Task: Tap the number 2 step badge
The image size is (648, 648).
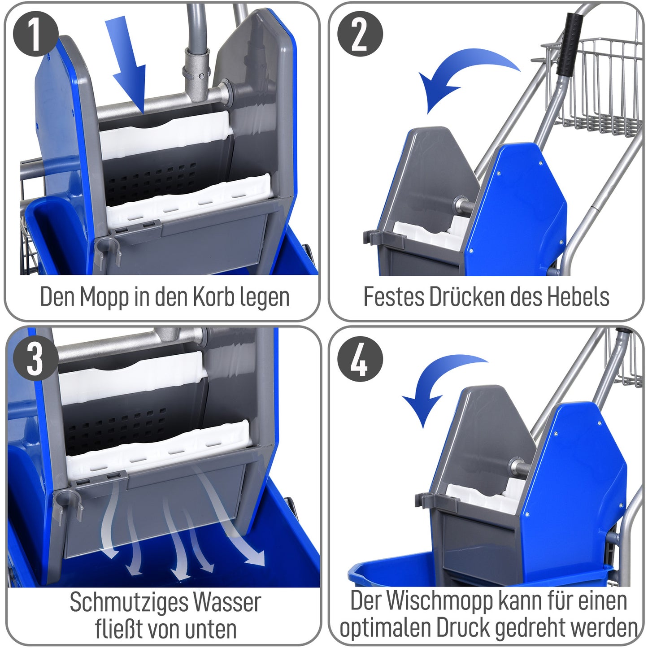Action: (360, 34)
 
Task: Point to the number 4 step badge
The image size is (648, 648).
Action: (360, 359)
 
